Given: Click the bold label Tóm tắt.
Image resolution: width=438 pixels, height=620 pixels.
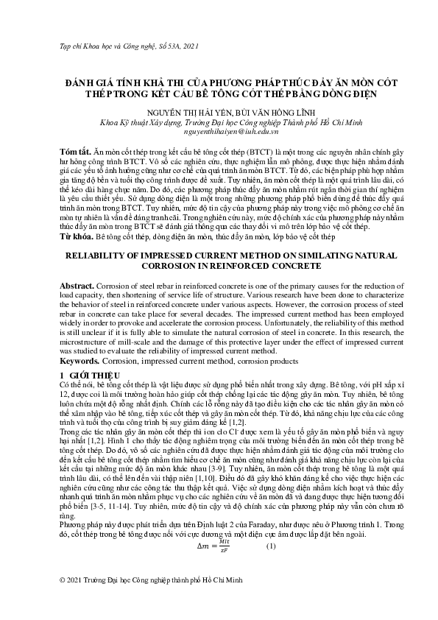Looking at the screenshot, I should click(74, 150).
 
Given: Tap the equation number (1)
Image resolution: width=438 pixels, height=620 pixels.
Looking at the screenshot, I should click(271, 546).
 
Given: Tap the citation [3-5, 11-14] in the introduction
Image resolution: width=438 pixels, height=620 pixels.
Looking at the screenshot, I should click(124, 508).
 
